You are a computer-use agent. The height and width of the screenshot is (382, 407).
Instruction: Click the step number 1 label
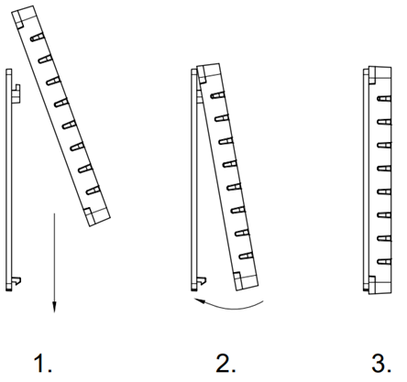point(42,363)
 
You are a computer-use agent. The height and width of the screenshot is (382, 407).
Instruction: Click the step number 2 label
point(225,363)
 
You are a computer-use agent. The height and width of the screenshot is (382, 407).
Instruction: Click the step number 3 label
point(381,363)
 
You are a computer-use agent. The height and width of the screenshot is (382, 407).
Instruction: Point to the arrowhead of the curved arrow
point(200,301)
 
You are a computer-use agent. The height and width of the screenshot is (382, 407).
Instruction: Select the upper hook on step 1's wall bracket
point(16,93)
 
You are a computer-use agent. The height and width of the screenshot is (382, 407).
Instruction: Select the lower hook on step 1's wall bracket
point(16,280)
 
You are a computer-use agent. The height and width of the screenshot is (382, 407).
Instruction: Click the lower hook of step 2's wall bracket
point(202,280)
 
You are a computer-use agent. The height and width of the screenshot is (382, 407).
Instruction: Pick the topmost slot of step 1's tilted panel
point(37,38)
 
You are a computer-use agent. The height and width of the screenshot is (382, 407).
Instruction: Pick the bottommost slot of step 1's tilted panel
point(93,191)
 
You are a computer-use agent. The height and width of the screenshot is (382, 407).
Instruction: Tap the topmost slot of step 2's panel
point(218,94)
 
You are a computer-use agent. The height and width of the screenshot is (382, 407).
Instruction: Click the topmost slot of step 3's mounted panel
point(384,98)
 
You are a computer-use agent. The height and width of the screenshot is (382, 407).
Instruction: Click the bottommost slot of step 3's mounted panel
point(384,262)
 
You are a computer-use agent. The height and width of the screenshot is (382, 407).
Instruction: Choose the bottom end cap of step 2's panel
point(246,281)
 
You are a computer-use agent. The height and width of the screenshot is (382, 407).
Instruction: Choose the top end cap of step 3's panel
point(379,75)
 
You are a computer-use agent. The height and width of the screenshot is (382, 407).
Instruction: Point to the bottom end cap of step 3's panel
point(379,285)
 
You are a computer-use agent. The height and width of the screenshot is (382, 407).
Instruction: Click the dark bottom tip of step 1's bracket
point(9,289)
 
